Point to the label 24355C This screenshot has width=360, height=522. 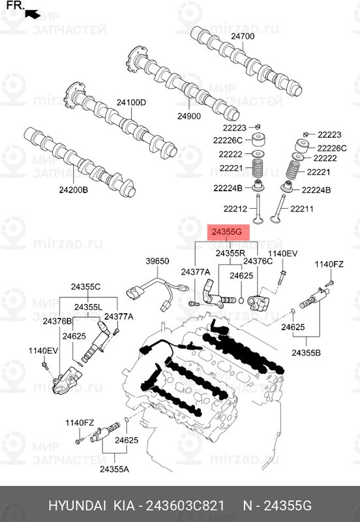tap(85, 286)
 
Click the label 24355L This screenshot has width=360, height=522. tap(88, 307)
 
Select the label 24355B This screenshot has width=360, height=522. tap(305, 352)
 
